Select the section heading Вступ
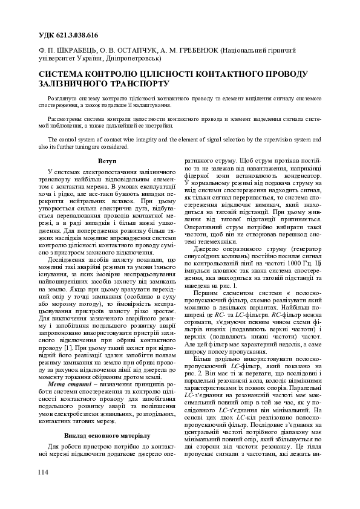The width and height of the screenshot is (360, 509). (x=107, y=163)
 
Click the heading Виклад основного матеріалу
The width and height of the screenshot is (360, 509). (x=107, y=435)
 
